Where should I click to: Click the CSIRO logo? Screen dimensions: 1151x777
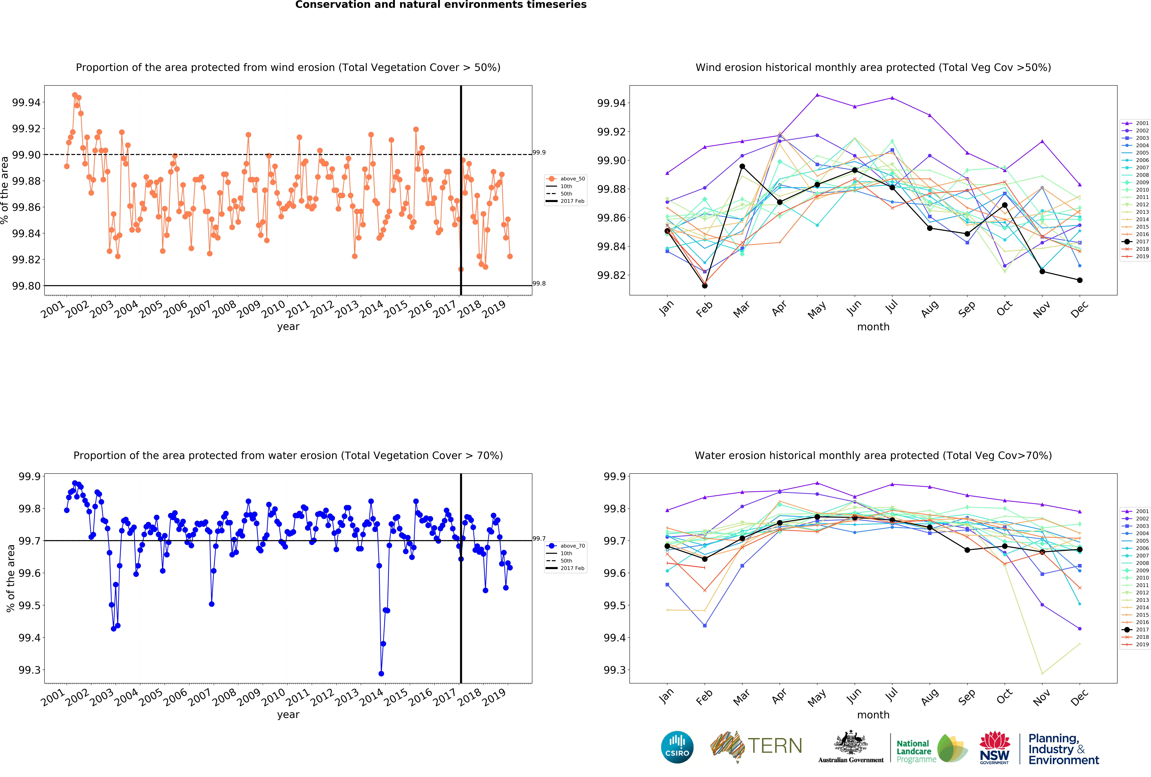[677, 747]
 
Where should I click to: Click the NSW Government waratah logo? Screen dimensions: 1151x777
[995, 747]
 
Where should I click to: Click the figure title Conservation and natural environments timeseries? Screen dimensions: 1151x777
[441, 5]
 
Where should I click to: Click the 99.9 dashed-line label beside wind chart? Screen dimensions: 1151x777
[539, 152]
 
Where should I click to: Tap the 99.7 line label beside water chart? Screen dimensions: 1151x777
[539, 538]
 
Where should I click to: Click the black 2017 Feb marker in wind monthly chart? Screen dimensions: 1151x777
[705, 286]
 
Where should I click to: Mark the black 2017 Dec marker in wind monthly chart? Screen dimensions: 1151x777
[1080, 280]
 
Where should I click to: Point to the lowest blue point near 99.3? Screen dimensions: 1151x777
[381, 674]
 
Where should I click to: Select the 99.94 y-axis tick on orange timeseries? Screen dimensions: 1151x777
[26, 102]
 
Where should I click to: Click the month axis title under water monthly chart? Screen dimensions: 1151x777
[873, 715]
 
